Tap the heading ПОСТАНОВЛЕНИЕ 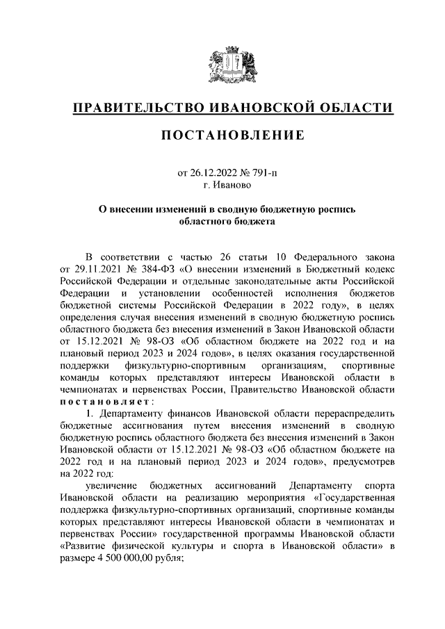click(x=232, y=136)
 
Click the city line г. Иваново click(x=232, y=185)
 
